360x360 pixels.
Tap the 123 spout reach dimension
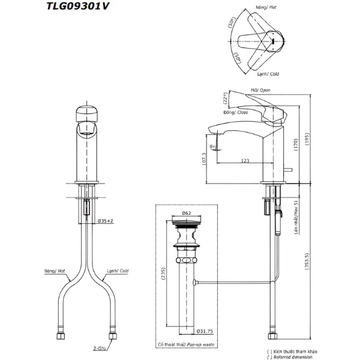click(245, 160)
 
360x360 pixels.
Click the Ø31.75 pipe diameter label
click(206, 330)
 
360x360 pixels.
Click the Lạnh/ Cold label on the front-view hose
click(117, 272)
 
